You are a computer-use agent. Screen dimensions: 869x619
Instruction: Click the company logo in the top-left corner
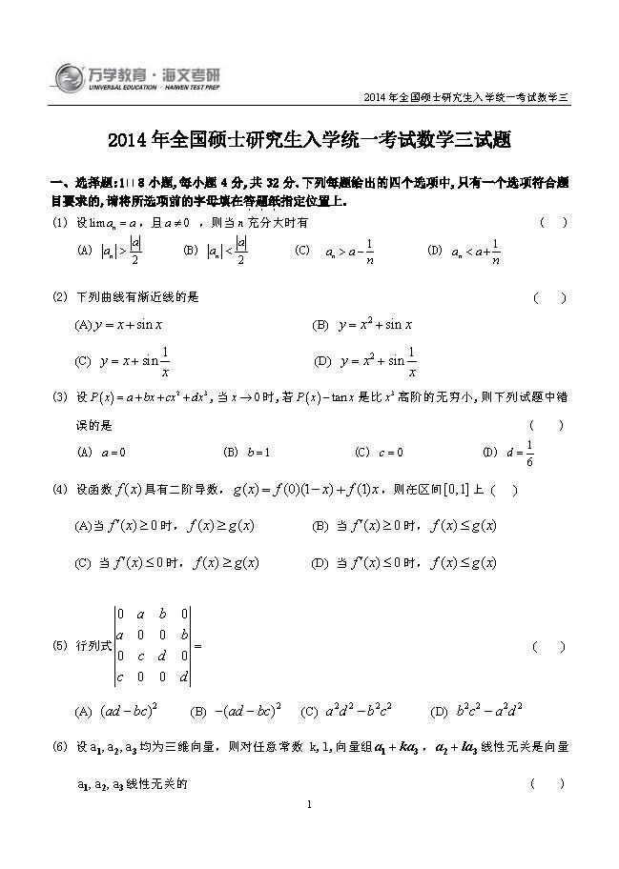124,75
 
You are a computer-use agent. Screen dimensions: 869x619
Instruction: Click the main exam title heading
309,141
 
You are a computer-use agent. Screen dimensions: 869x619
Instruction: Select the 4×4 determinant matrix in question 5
153,645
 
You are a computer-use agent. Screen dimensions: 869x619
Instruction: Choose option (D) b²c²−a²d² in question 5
476,711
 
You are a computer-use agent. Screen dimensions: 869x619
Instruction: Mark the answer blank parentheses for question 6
547,783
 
